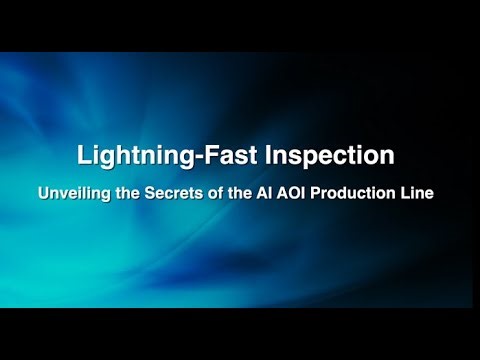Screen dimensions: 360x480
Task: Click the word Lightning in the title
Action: tap(129, 156)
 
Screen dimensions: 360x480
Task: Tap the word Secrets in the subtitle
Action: tap(212, 193)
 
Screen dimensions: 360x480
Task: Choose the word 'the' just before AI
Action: tap(273, 193)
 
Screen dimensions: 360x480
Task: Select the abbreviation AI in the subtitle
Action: tap(297, 193)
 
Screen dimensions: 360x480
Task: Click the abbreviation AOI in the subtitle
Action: tap(324, 193)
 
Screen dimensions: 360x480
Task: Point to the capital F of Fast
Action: tap(196, 156)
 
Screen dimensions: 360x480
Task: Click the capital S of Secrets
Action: tap(190, 193)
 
